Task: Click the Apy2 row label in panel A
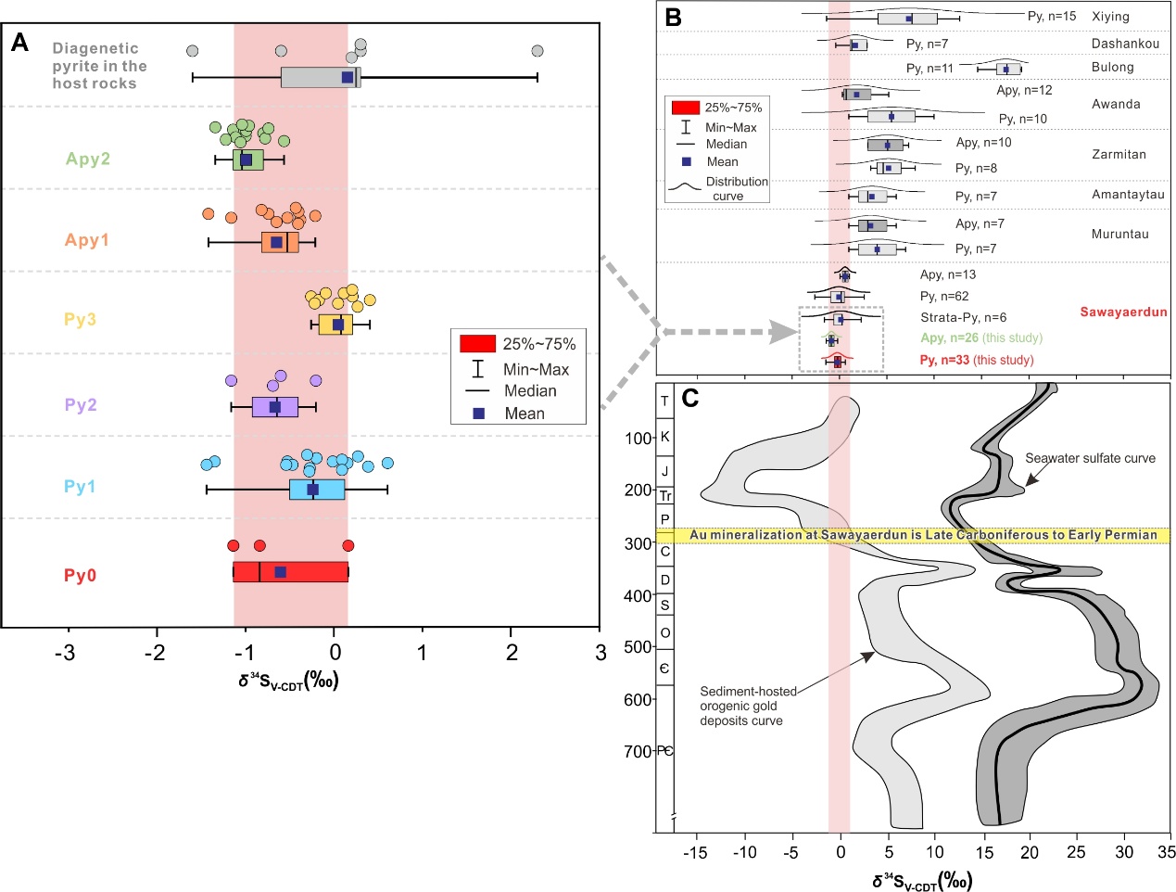pos(87,159)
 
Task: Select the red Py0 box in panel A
pos(290,571)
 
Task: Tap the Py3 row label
pos(80,319)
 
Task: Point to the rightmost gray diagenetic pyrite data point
pos(537,51)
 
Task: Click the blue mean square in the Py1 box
pos(313,490)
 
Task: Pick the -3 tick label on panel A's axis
pos(65,653)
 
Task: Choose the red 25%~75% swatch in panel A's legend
pos(478,344)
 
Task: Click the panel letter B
pos(674,17)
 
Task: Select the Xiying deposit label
pos(1110,17)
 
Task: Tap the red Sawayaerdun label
pos(1123,312)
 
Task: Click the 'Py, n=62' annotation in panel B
pos(943,297)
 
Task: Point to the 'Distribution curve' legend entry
pos(736,188)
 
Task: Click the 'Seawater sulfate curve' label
pos(1090,458)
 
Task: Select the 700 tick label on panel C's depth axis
pos(639,751)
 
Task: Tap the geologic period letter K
pos(664,436)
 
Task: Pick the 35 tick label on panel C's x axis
pos(1166,852)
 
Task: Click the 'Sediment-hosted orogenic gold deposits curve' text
pos(747,706)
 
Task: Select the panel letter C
pos(690,399)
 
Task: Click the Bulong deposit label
pos(1113,67)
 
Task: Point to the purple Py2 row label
pos(81,405)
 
